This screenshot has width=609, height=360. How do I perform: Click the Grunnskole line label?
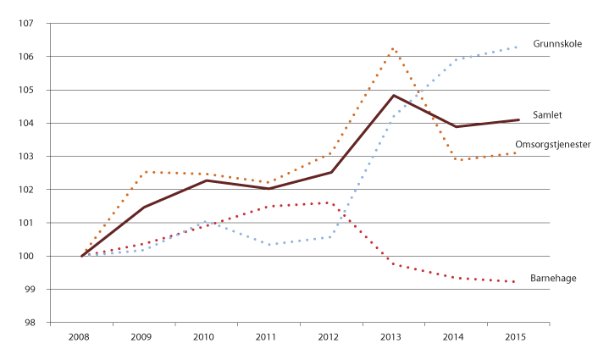556,42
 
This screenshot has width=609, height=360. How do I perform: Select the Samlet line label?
548,114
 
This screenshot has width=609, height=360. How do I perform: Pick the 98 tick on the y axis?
37,323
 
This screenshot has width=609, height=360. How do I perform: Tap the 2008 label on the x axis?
81,338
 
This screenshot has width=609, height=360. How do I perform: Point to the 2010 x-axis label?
206,338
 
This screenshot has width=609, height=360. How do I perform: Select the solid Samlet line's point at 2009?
144,208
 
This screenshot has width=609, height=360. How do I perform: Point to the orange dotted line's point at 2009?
144,172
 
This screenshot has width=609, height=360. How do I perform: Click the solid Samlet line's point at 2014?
456,127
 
